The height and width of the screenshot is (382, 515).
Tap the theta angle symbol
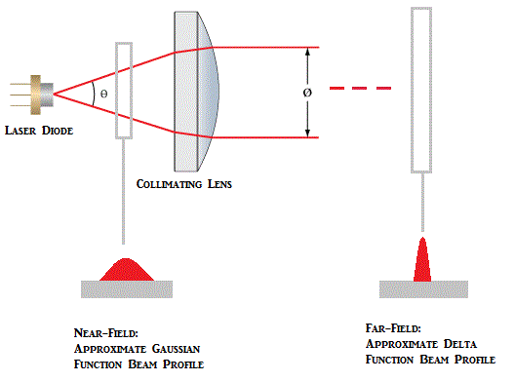104,95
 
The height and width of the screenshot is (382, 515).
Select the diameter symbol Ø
309,92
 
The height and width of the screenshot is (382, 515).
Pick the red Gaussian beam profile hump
125,269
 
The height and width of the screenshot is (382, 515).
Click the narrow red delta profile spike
422,261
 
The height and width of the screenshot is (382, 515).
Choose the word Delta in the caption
446,344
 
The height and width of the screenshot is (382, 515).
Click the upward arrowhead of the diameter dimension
309,54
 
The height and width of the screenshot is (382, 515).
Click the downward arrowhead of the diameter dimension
309,131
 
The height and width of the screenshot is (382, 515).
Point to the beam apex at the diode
55,94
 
